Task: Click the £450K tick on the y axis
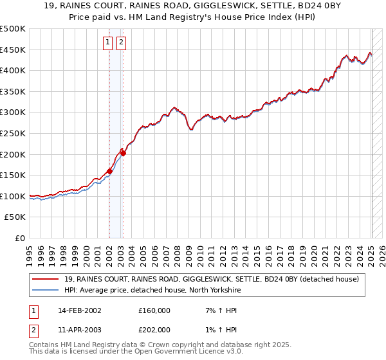click(13, 50)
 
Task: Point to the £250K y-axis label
click(13, 133)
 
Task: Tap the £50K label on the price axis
click(15, 217)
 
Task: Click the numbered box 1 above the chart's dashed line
click(108, 43)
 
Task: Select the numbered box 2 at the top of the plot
click(121, 43)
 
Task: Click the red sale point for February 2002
click(109, 171)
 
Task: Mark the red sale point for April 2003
click(123, 153)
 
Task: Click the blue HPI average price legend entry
click(152, 290)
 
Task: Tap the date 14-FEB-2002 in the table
click(79, 310)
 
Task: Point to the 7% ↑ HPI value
click(220, 310)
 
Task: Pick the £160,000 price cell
click(154, 310)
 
